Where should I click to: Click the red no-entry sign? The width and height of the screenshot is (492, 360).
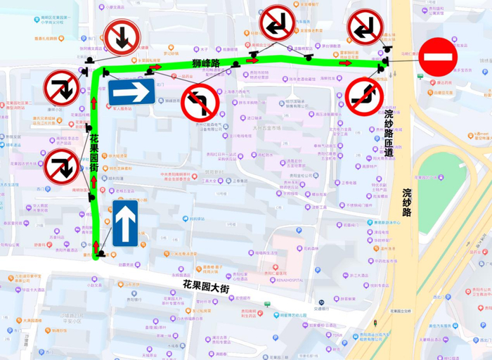[438, 57]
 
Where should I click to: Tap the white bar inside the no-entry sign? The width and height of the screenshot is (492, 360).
[438, 57]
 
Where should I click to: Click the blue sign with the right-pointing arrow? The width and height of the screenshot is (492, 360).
[131, 91]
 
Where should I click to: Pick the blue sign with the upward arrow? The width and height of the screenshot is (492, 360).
[124, 223]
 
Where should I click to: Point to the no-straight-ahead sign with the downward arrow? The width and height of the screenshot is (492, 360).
[123, 38]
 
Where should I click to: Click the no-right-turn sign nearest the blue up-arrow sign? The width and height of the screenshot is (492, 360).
[63, 167]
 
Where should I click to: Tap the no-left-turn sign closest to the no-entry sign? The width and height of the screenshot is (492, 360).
[366, 28]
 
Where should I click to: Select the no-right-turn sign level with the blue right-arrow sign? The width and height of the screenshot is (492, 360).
[63, 89]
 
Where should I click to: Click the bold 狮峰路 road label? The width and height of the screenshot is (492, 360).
[206, 64]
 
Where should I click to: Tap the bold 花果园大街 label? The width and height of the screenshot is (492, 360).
[207, 286]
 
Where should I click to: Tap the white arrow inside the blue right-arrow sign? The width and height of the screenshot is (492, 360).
[131, 91]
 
